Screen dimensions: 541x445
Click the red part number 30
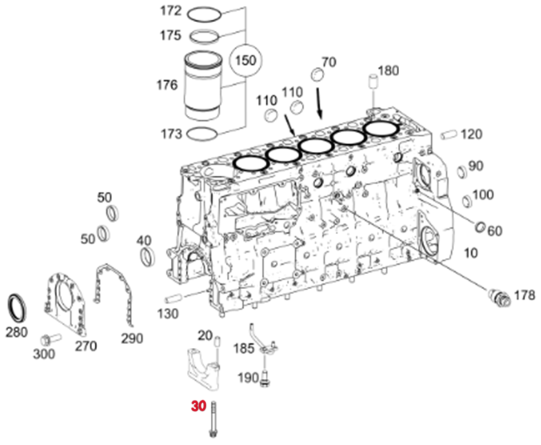tap(199, 406)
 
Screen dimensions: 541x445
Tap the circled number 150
tap(246, 60)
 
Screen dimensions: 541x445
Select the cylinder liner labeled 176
tap(202, 86)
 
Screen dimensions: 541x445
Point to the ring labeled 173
tap(202, 133)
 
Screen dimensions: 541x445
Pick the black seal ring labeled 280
tap(17, 308)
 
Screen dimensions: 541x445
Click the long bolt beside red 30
tap(213, 419)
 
